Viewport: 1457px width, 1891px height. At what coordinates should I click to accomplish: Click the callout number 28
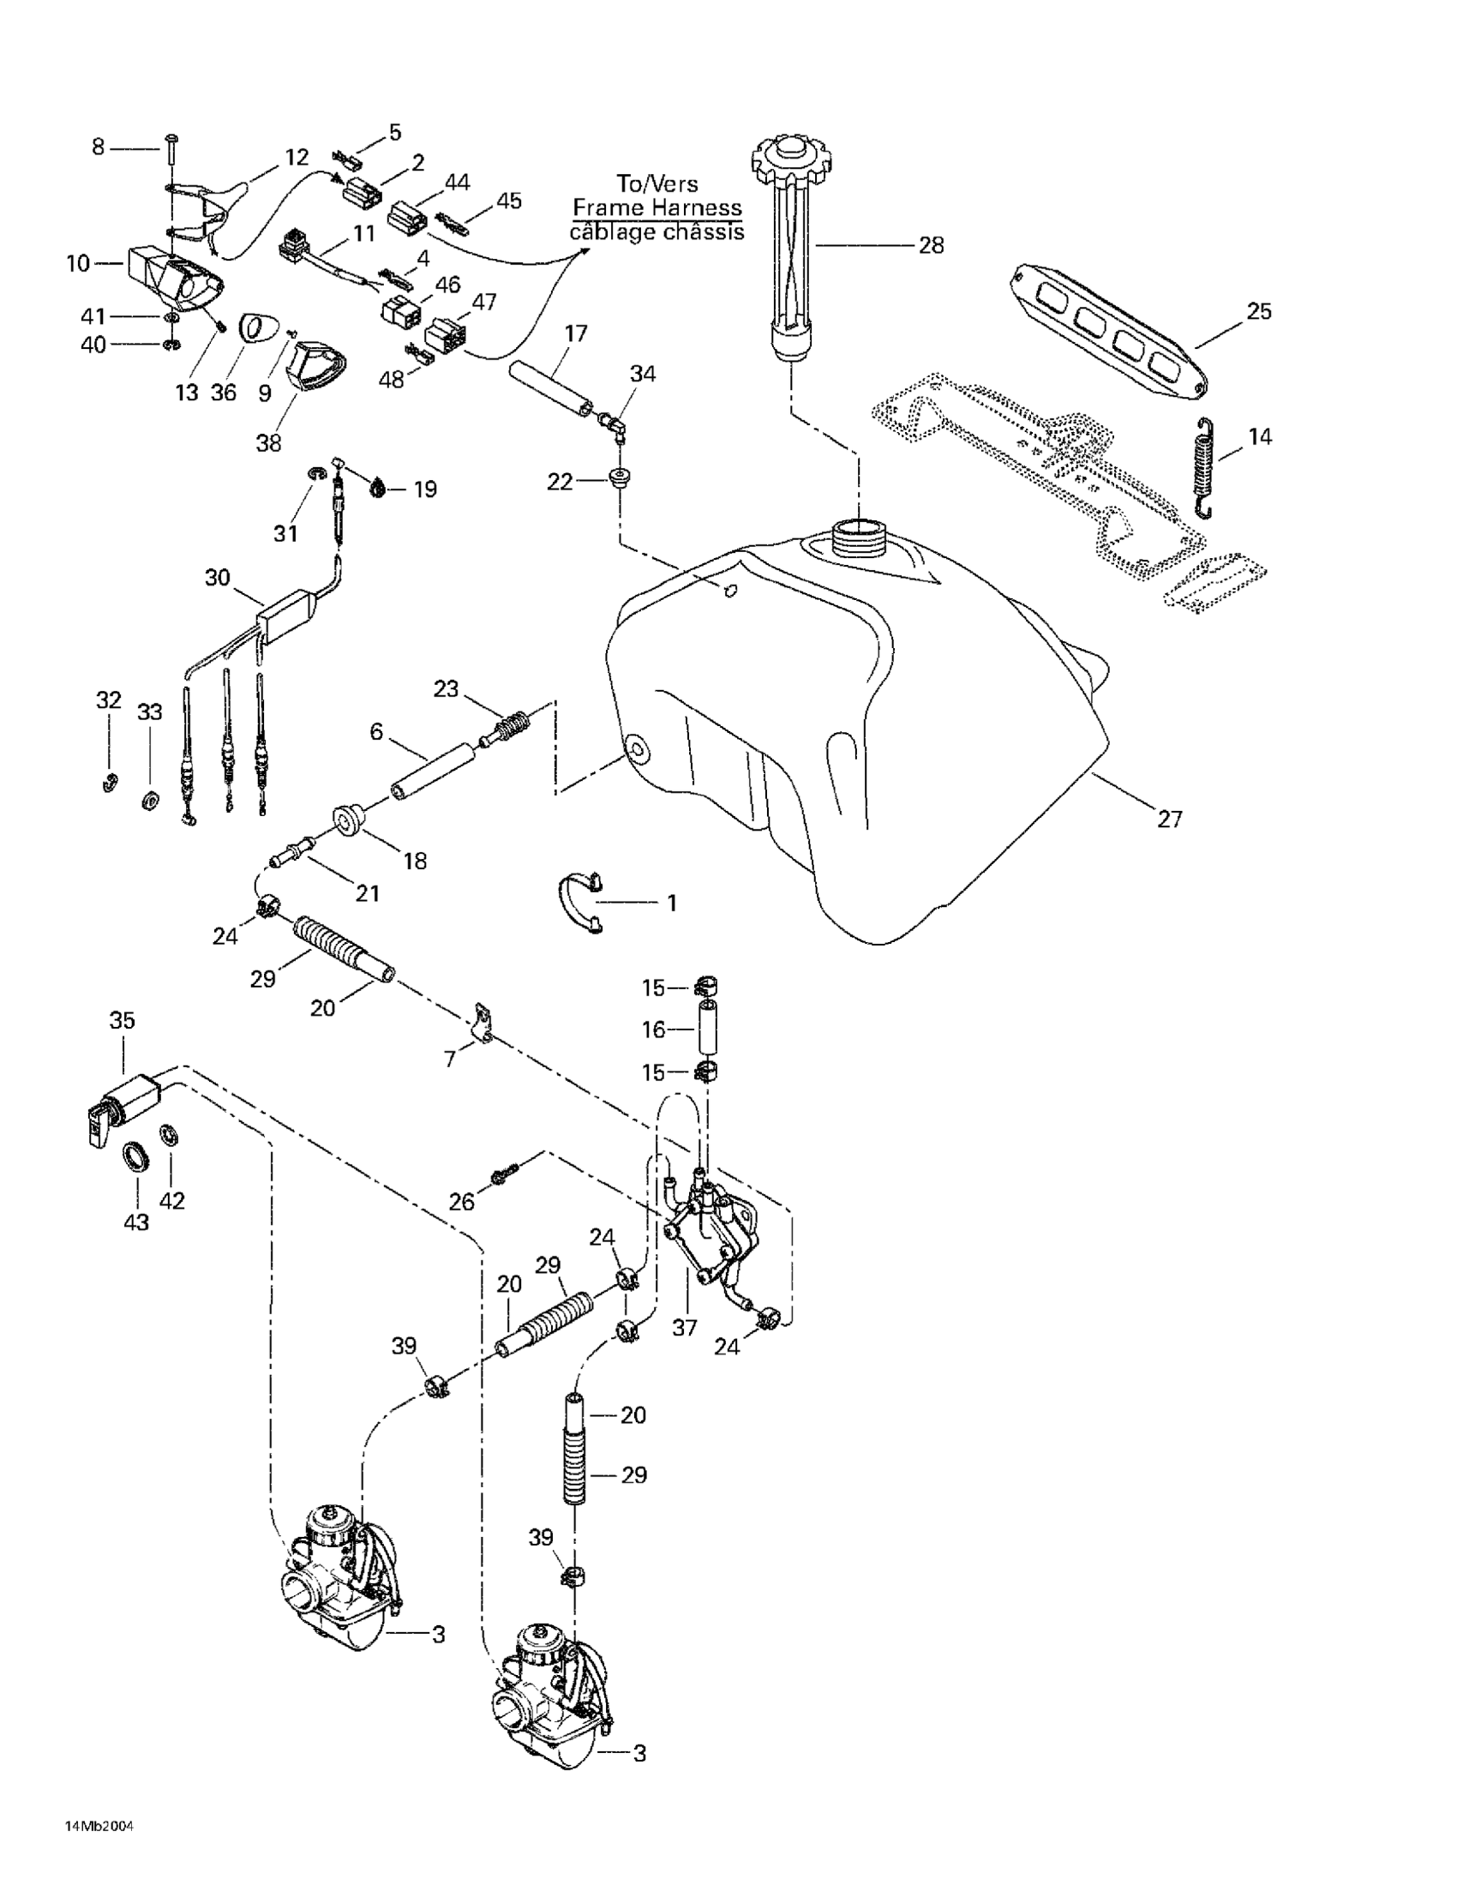[931, 246]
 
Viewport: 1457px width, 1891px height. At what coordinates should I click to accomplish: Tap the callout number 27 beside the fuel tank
[1170, 819]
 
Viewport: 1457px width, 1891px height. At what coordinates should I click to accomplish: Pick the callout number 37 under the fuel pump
[685, 1327]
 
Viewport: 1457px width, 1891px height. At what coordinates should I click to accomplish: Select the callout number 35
[122, 1021]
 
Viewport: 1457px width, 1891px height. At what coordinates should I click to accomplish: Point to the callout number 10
[78, 262]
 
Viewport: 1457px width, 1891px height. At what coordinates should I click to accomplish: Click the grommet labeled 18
[349, 820]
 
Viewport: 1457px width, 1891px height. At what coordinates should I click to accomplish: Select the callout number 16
[654, 1030]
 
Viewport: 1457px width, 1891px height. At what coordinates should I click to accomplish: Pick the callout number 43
[137, 1222]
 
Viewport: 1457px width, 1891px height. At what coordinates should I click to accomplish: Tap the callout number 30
[218, 577]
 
